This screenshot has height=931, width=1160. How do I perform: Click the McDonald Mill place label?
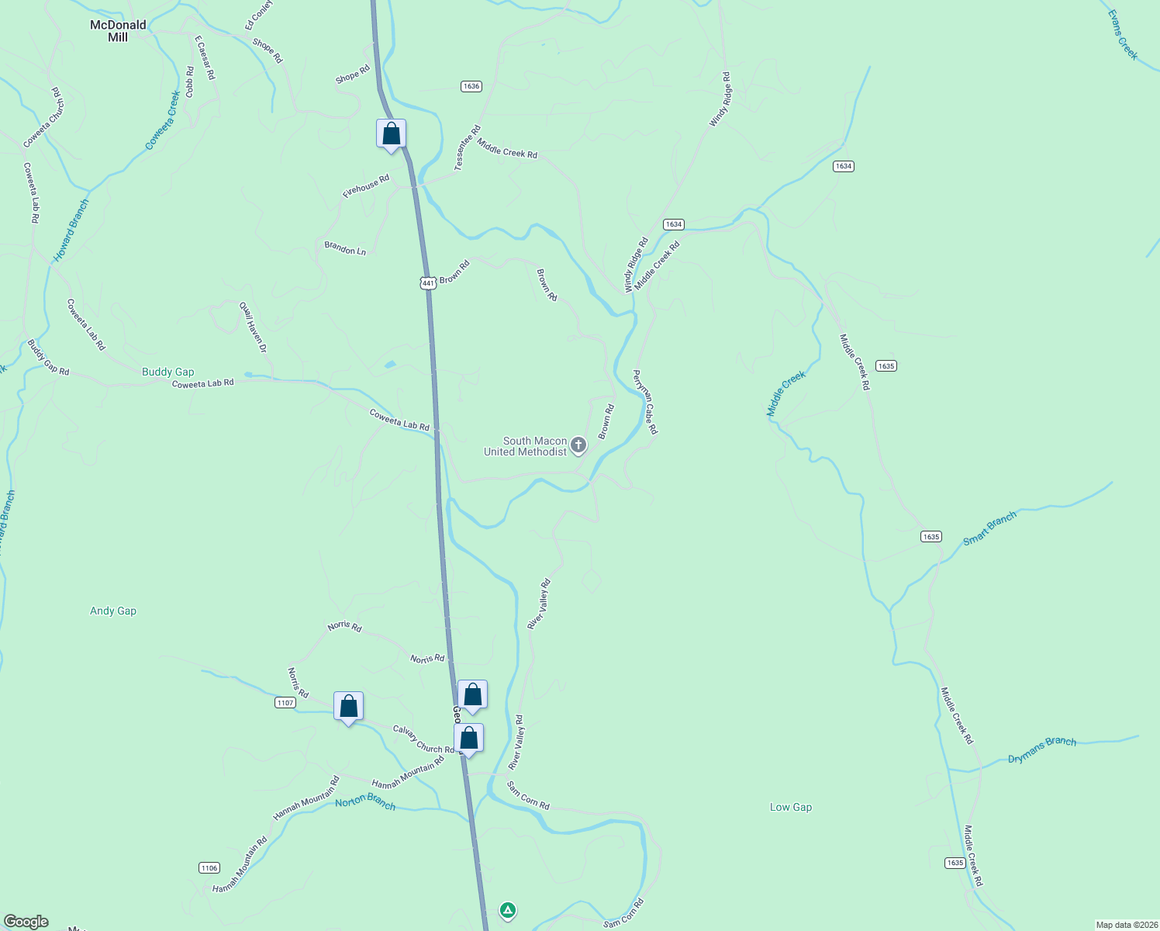tap(118, 31)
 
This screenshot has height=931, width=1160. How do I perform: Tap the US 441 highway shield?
tap(428, 283)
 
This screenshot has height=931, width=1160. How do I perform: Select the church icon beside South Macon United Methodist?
tap(578, 445)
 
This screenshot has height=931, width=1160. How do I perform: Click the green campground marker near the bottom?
tap(507, 910)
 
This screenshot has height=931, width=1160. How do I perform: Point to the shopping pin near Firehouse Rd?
tap(392, 133)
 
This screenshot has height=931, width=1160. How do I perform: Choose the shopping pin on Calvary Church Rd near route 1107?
tap(349, 706)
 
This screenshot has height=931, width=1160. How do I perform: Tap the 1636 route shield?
tap(471, 86)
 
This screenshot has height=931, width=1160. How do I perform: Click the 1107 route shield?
tap(285, 703)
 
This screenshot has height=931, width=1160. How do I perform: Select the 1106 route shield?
tap(209, 867)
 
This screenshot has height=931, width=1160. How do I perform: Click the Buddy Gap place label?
tap(168, 372)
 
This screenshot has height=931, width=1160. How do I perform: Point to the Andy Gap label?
tap(113, 611)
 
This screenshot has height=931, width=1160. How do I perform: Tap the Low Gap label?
tap(791, 807)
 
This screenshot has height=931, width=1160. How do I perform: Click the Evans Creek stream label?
tap(1122, 35)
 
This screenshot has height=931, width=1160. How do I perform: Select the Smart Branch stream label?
tap(989, 529)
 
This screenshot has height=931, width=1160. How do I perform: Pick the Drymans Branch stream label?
tap(1042, 749)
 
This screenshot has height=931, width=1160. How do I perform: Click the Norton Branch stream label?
tap(365, 801)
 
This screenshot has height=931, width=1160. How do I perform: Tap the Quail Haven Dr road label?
tap(253, 327)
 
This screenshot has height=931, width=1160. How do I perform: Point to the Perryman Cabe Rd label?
tap(645, 402)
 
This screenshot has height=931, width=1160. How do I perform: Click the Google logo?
tap(26, 922)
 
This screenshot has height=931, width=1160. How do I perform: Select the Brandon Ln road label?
tap(345, 249)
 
